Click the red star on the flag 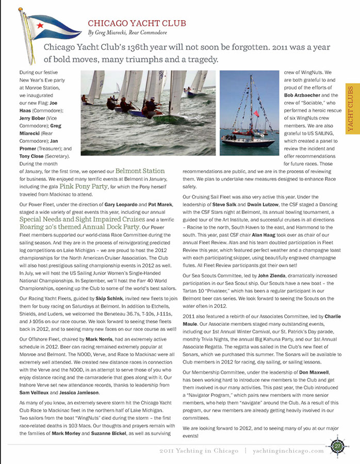pyautogui.click(x=40, y=24)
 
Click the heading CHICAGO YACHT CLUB pyautogui.click(x=137, y=23)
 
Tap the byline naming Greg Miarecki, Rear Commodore pyautogui.click(x=127, y=33)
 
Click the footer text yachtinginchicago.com pyautogui.click(x=288, y=451)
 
